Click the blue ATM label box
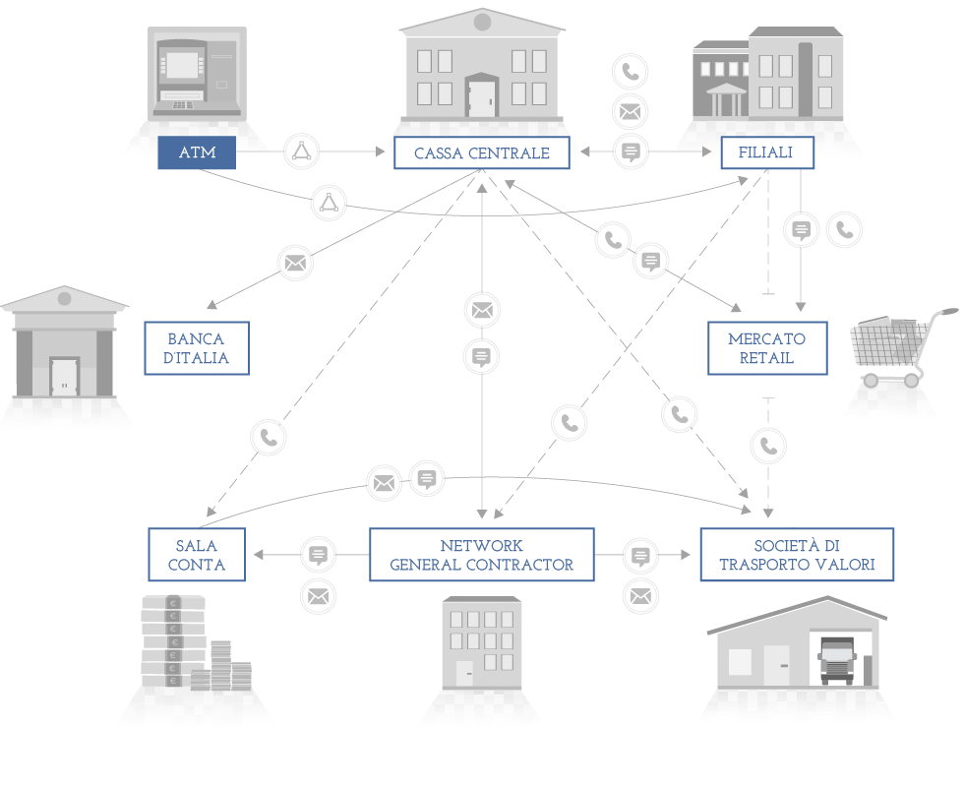197,152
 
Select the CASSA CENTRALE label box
481,152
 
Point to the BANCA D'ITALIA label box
197,347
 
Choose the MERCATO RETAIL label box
766,347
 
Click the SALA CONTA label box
197,555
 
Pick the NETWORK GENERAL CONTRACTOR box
481,555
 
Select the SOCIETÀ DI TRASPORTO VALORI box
797,555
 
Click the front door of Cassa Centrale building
481,98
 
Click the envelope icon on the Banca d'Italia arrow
295,263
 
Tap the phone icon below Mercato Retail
768,446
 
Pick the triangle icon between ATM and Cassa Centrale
301,151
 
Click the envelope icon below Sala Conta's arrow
318,595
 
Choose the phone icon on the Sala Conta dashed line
269,437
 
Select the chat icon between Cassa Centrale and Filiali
631,151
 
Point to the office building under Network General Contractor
481,644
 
